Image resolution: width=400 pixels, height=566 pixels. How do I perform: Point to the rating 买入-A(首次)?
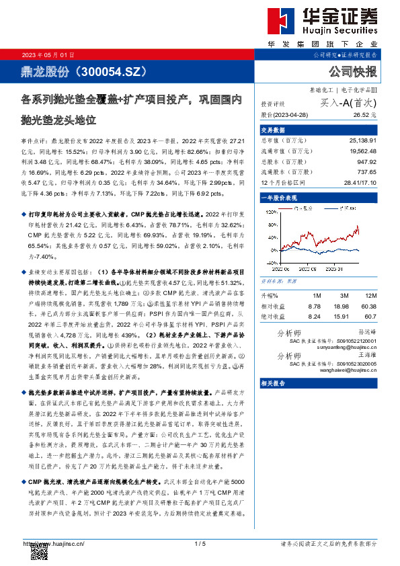click(348, 104)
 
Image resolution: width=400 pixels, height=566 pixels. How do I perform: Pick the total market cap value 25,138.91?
click(362, 140)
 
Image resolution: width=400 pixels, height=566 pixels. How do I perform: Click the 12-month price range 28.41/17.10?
click(358, 183)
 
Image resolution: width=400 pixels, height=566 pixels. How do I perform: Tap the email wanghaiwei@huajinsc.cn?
click(353, 370)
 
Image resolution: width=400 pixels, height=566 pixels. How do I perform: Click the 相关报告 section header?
click(272, 384)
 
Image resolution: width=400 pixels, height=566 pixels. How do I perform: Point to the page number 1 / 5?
click(199, 543)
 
